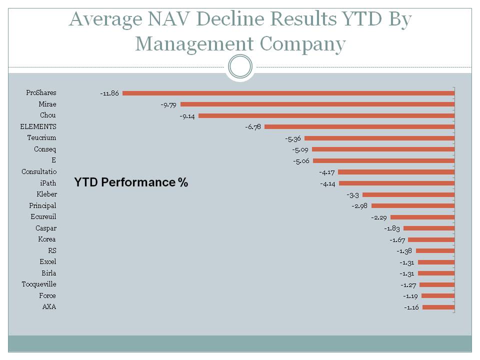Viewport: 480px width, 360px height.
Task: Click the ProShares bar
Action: tap(288, 93)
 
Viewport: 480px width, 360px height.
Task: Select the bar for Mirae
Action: tap(317, 104)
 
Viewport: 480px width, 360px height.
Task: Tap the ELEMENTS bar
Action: tap(359, 127)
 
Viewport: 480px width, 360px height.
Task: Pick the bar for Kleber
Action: tap(408, 194)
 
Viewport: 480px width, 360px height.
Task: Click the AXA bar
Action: tap(438, 307)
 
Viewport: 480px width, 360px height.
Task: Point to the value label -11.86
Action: tap(109, 93)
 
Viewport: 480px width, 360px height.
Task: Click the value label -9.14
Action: tap(187, 115)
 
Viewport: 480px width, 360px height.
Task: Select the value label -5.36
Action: tap(292, 138)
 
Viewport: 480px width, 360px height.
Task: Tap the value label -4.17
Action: tap(326, 172)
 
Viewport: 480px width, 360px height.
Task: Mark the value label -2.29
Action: tap(378, 217)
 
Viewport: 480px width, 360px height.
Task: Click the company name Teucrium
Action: tap(41, 138)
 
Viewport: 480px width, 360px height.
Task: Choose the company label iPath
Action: tap(48, 183)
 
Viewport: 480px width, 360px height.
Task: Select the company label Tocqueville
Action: tap(39, 284)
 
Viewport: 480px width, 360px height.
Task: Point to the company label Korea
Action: tap(47, 239)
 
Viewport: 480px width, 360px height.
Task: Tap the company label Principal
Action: tap(42, 205)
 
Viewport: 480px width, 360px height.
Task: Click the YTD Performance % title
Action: tap(131, 182)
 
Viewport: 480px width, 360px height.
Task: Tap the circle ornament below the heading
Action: tap(240, 66)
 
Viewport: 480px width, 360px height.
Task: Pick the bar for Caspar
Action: tap(429, 228)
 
